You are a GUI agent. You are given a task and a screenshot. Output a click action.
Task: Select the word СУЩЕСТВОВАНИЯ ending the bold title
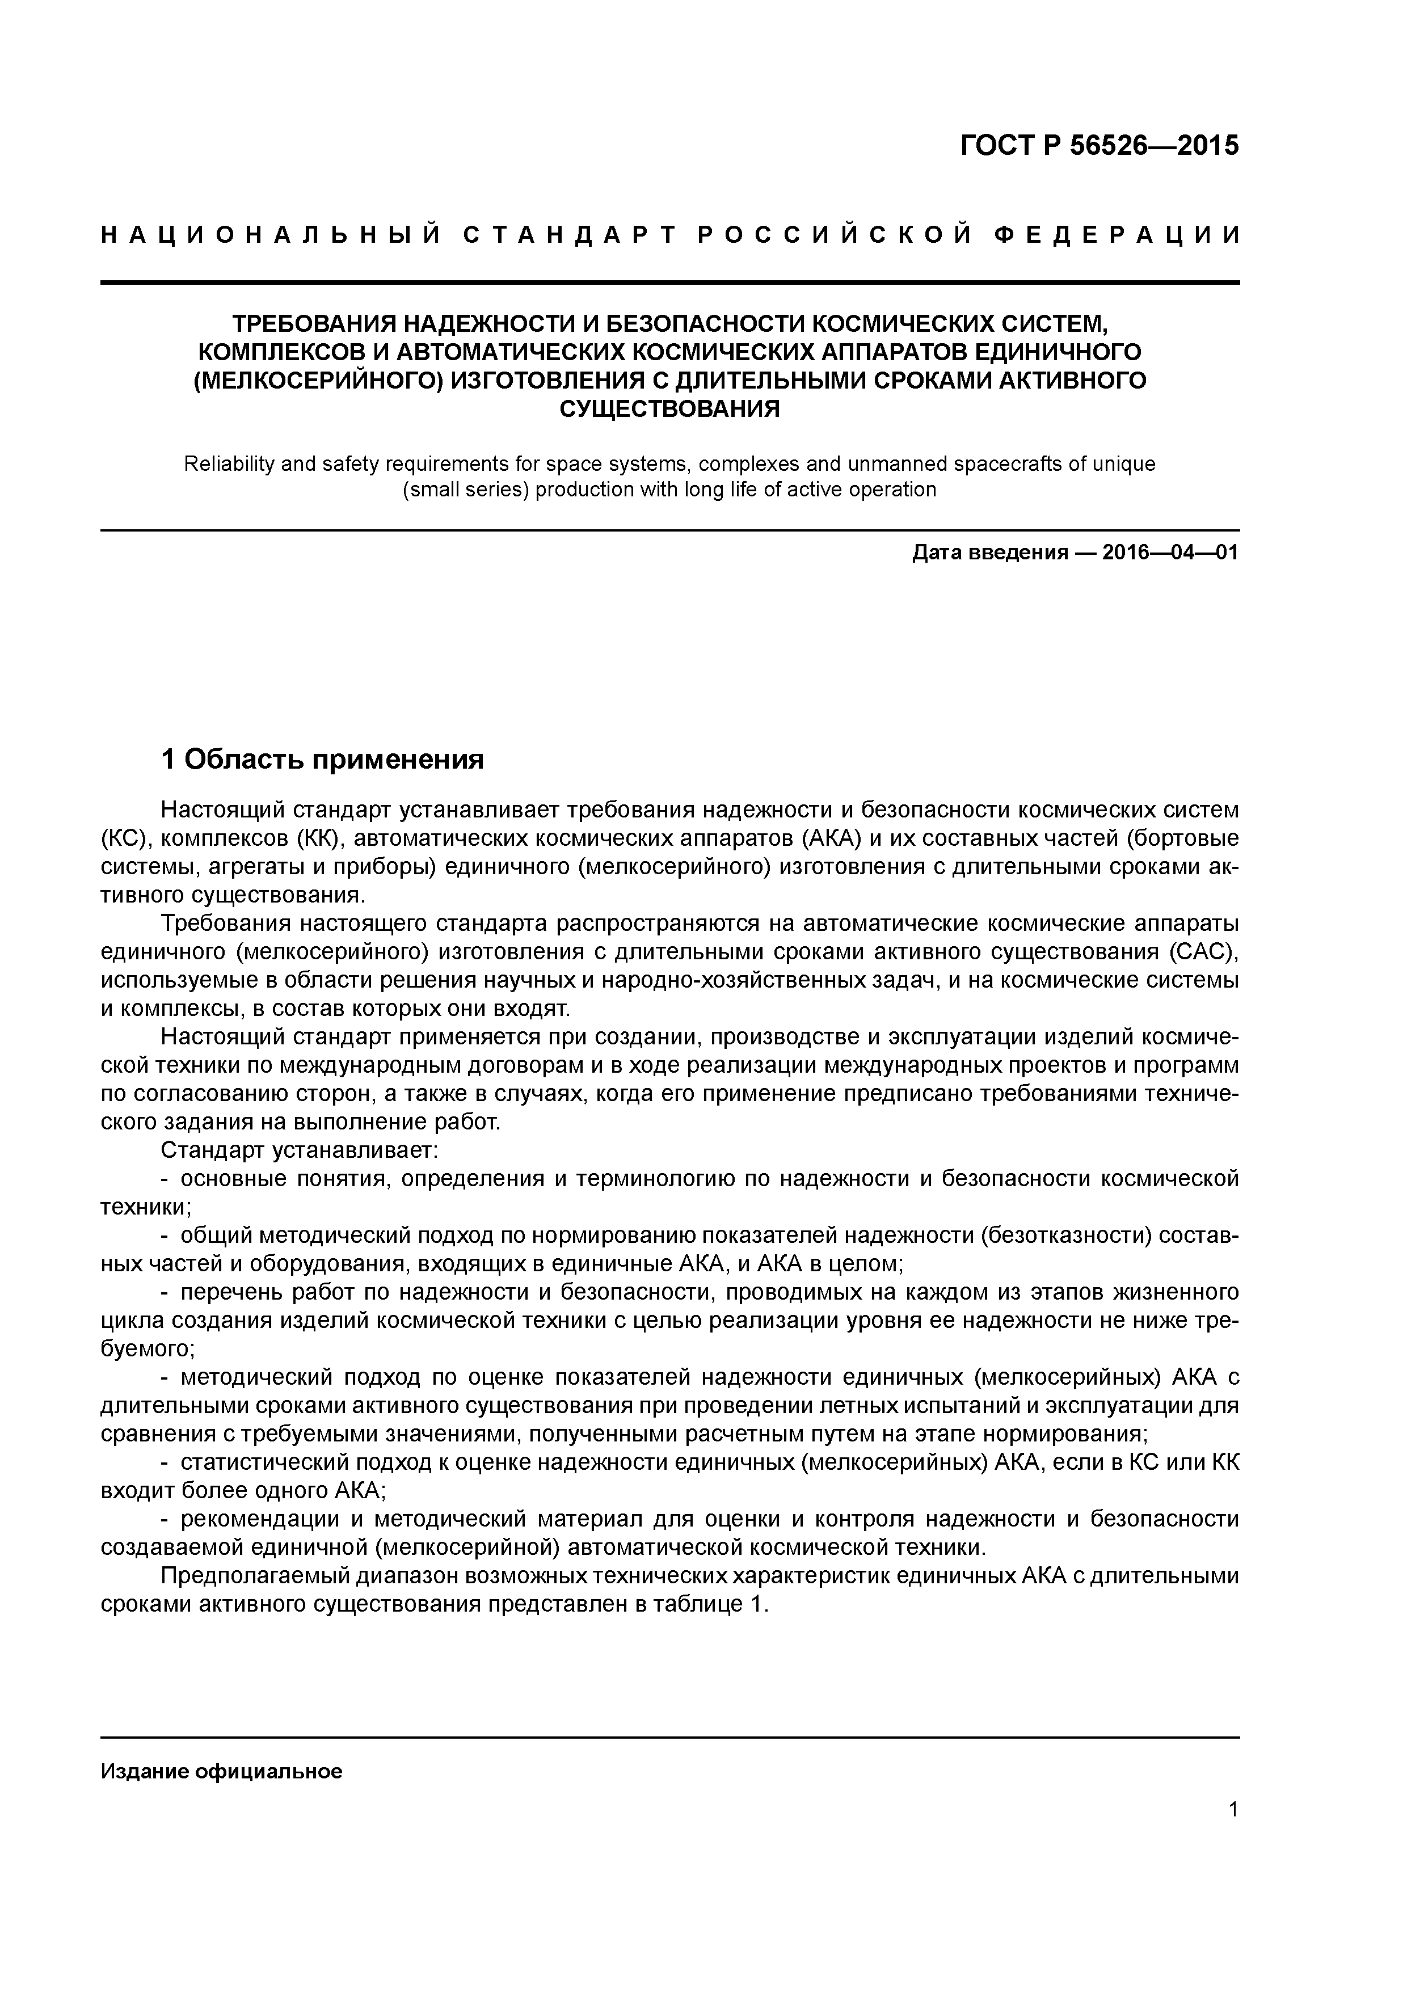pyautogui.click(x=669, y=408)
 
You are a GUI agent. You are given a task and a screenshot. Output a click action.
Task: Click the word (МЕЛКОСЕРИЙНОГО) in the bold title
pyautogui.click(x=315, y=381)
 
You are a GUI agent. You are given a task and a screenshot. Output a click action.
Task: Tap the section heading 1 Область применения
pyautogui.click(x=322, y=760)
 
